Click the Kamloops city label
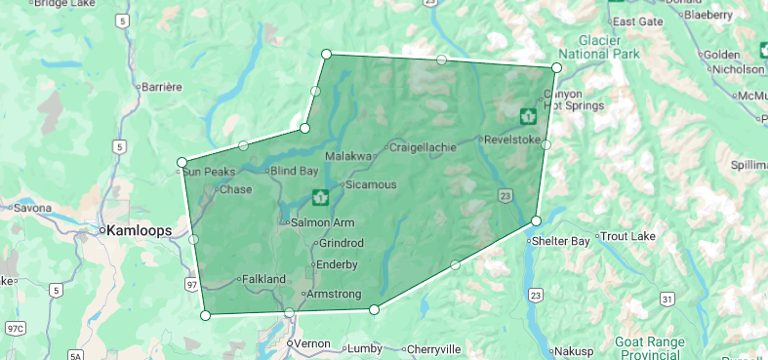(x=136, y=231)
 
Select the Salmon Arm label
(x=322, y=223)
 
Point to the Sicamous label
(x=371, y=184)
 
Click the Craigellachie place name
(x=423, y=148)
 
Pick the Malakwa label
(x=348, y=156)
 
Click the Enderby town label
(x=338, y=264)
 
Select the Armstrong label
(x=335, y=294)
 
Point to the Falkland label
(x=263, y=279)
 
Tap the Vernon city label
(x=312, y=344)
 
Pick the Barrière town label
(x=162, y=87)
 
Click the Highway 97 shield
(x=191, y=284)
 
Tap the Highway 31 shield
(x=666, y=298)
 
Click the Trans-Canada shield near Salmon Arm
(x=319, y=197)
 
